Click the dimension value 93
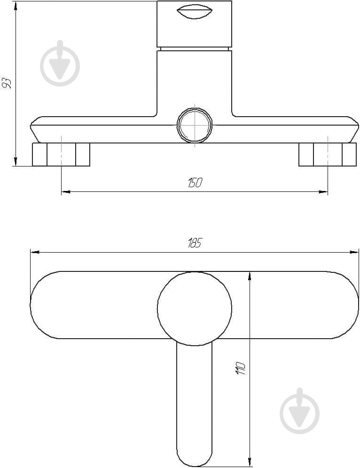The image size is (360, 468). [7, 83]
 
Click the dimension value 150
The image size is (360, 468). [195, 182]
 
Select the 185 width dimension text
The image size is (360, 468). [195, 243]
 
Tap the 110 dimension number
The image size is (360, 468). [241, 368]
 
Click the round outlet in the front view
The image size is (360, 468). [195, 125]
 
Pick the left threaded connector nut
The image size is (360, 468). [61, 154]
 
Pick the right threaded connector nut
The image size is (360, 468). [328, 154]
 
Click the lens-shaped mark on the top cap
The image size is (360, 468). [194, 12]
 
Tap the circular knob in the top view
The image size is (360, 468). [195, 309]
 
